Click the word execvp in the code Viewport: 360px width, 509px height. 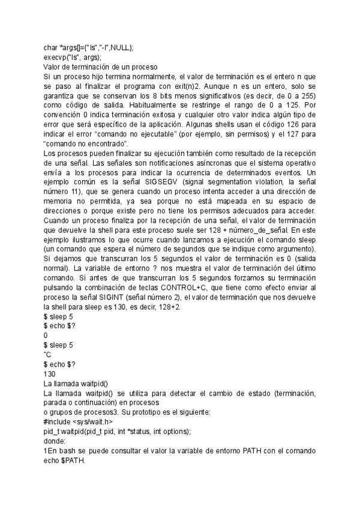click(x=54, y=58)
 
